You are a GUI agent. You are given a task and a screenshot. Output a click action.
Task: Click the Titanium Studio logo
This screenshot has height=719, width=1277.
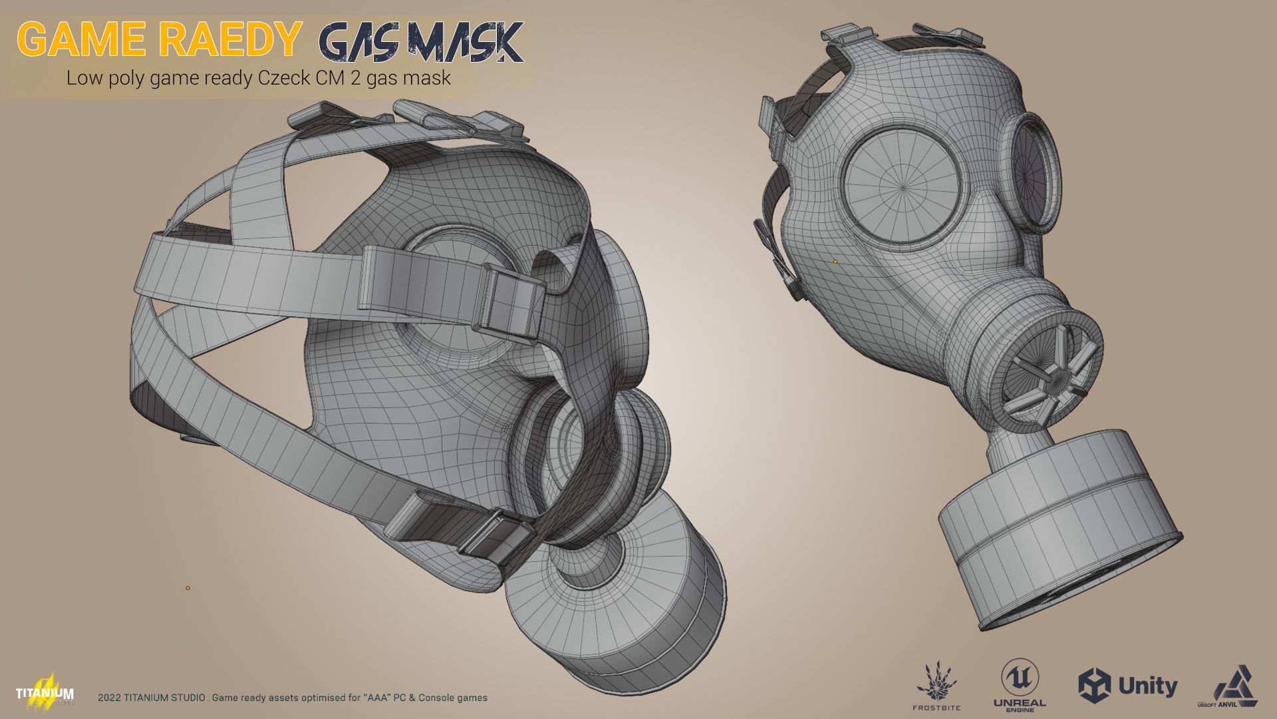pyautogui.click(x=45, y=691)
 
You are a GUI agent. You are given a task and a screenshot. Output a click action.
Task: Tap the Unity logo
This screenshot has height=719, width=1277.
pyautogui.click(x=1127, y=686)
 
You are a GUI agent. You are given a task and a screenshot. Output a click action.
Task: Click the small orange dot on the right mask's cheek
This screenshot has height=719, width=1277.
pyautogui.click(x=835, y=262)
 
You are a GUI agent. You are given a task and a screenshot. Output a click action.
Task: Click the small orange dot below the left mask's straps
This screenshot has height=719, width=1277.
pyautogui.click(x=188, y=588)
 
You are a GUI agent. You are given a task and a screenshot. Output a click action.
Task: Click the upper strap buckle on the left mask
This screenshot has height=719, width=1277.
pyautogui.click(x=509, y=304)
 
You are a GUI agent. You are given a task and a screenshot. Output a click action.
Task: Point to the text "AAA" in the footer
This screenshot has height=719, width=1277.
pyautogui.click(x=376, y=698)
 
